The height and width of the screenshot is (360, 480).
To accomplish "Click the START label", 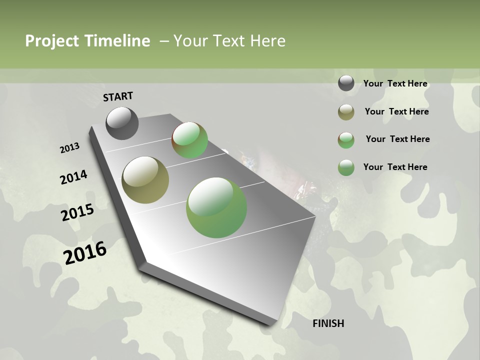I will [118, 96].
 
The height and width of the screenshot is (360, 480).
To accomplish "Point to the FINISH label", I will [328, 323].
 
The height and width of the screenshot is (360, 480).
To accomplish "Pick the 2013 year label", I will [69, 148].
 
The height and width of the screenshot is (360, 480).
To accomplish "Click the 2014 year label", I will [73, 177].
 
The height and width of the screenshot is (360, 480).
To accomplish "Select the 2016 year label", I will [85, 252].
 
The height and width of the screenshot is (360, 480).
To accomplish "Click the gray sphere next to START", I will [122, 123].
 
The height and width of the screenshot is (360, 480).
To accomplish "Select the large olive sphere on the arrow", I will [145, 180].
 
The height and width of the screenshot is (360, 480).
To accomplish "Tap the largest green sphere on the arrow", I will [216, 207].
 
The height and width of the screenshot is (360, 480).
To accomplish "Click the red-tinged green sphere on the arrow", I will [190, 140].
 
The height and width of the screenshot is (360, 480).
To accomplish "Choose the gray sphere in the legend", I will [346, 83].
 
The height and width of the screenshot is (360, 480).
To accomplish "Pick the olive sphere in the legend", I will [346, 112].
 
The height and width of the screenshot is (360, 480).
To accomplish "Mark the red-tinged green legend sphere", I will [346, 140].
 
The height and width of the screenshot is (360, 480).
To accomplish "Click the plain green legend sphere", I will [346, 168].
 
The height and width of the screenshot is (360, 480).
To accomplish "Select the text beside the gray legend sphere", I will [395, 83].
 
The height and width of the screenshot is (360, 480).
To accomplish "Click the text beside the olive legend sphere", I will [396, 111].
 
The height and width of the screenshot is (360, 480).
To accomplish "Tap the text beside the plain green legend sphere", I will [395, 167].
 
